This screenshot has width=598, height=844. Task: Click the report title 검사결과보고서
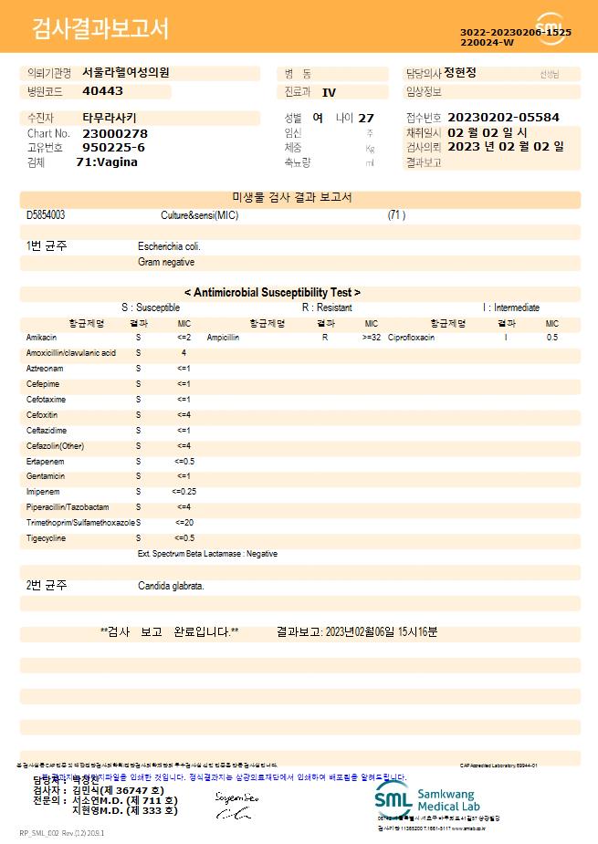(x=100, y=29)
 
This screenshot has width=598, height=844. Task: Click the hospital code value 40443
(x=102, y=91)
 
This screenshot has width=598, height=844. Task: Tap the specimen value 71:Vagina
(x=107, y=162)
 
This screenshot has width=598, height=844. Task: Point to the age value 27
(x=366, y=118)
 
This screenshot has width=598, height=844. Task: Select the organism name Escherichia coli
(x=169, y=246)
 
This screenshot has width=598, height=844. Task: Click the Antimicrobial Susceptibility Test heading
(x=272, y=293)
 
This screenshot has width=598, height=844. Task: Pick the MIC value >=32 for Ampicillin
(x=372, y=338)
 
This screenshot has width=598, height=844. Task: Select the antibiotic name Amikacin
(x=41, y=338)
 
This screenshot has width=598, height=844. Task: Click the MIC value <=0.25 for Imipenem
(x=184, y=492)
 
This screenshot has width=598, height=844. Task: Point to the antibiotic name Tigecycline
(x=47, y=538)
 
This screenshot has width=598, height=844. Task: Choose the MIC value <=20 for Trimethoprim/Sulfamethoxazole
(x=184, y=523)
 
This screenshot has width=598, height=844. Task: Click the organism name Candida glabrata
(x=171, y=586)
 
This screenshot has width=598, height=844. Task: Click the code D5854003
(x=46, y=215)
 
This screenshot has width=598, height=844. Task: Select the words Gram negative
(x=166, y=262)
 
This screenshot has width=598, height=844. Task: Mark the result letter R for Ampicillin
(x=325, y=338)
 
